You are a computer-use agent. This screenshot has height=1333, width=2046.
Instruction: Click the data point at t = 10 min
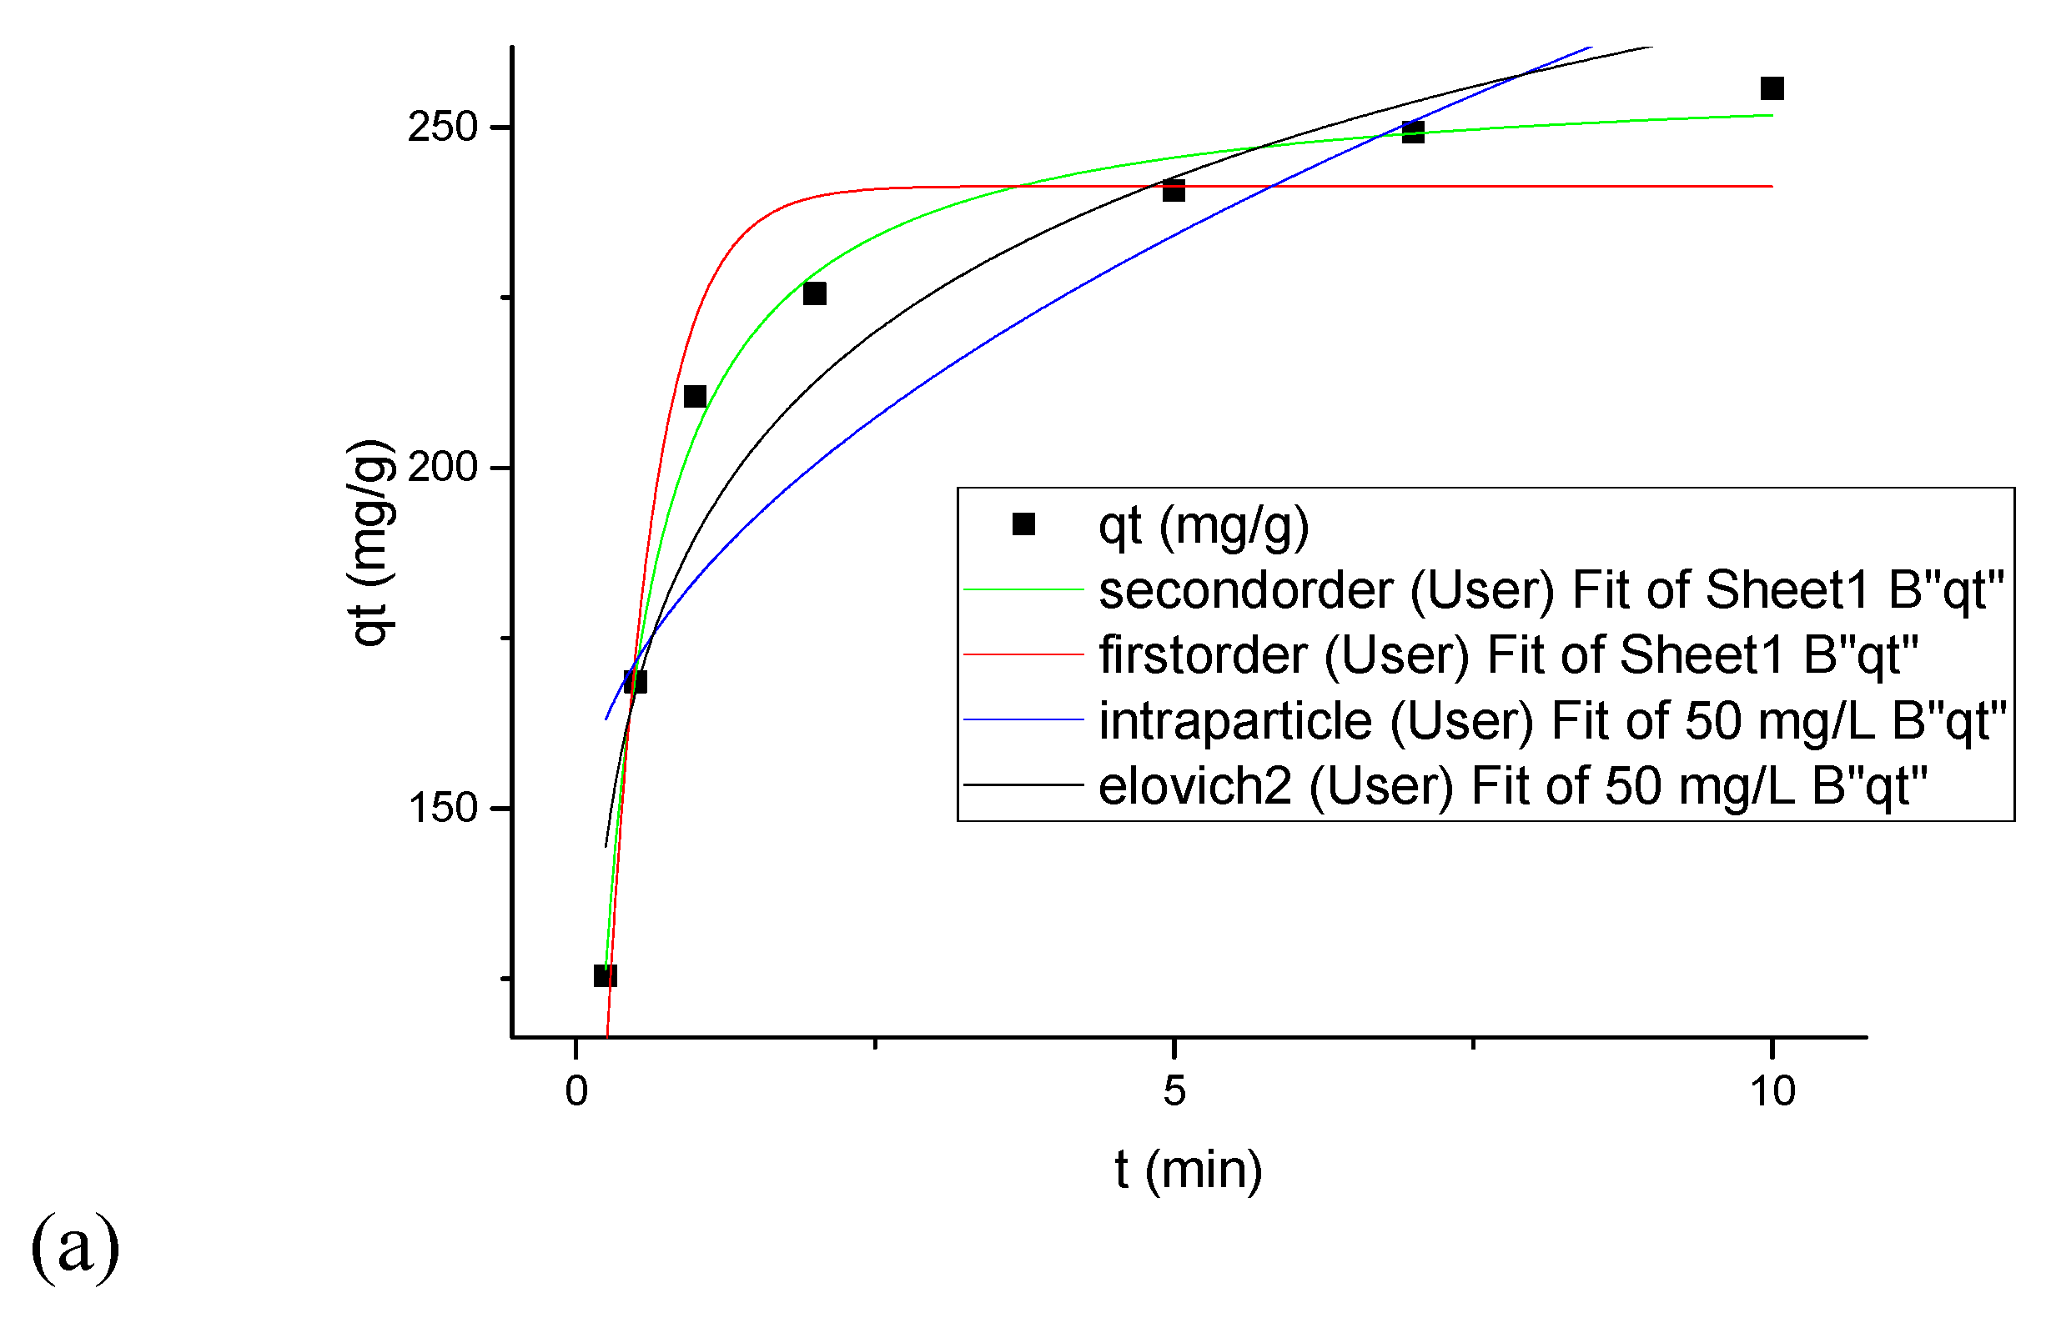click(x=1772, y=88)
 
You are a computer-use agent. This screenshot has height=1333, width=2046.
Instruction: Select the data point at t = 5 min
click(x=1174, y=191)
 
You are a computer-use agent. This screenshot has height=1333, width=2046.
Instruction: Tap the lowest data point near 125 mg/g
click(x=606, y=975)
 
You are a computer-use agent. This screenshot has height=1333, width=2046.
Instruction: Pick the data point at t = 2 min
click(x=814, y=294)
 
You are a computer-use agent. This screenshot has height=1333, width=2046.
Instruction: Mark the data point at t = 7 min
click(x=1412, y=132)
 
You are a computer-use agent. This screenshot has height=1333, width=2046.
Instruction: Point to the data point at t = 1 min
click(x=695, y=396)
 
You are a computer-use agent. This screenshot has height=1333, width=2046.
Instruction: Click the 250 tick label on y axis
click(x=442, y=128)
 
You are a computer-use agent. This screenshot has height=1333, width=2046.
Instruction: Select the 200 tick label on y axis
click(x=442, y=468)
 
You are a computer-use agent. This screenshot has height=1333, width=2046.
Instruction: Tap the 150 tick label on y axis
click(x=442, y=808)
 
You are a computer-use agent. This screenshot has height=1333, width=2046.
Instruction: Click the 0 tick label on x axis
click(x=576, y=1091)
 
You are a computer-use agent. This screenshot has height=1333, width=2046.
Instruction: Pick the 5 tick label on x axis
click(x=1174, y=1091)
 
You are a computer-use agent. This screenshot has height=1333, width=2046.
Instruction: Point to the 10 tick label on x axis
click(x=1772, y=1091)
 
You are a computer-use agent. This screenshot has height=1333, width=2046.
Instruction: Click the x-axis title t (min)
click(x=1188, y=1170)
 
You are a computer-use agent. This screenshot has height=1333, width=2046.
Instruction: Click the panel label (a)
click(x=75, y=1246)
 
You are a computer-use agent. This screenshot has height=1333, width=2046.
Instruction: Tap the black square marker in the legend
click(x=1023, y=524)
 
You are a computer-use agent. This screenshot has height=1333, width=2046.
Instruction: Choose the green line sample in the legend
click(x=1023, y=589)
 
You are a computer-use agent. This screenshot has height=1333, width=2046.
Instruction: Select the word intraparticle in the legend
click(x=1235, y=720)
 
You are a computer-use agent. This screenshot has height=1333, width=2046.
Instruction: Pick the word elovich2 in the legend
click(x=1195, y=785)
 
